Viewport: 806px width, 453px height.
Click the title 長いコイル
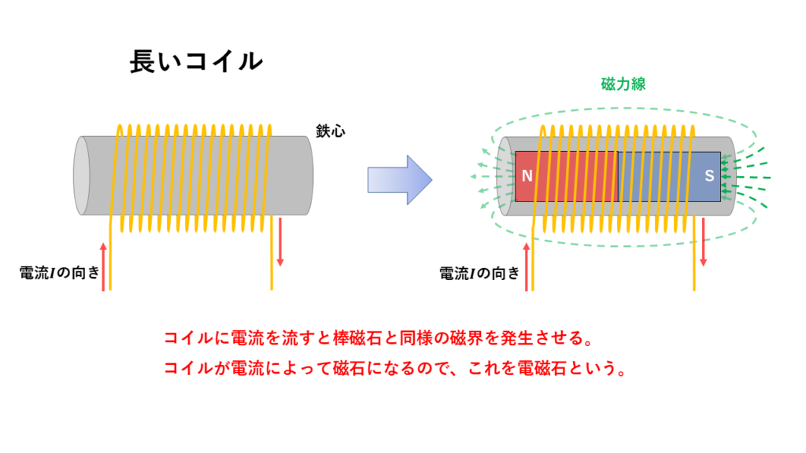[196, 61]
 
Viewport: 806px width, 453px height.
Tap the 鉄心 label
[331, 131]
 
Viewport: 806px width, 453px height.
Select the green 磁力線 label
[623, 83]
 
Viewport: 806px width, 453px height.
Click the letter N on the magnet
[527, 176]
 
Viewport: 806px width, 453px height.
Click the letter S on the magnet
[709, 176]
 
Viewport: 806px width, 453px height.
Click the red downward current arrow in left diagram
[280, 242]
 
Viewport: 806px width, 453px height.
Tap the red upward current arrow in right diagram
[527, 267]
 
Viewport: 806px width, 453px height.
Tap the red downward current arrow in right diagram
[703, 242]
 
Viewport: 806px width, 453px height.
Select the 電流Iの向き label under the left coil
[59, 273]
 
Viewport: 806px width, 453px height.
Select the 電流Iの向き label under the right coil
[479, 273]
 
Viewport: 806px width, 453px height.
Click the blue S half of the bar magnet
[669, 176]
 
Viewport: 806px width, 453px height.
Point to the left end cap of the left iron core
[82, 175]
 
